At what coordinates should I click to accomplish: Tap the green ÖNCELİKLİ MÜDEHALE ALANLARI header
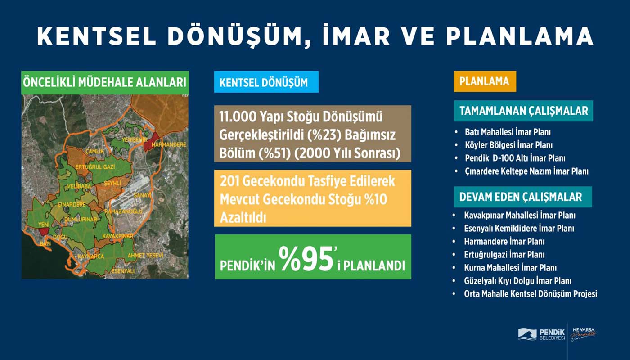105,83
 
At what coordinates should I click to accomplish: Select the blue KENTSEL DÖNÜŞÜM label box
266,82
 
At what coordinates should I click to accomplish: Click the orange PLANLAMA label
485,81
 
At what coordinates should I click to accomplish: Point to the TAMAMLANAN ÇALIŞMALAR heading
523,111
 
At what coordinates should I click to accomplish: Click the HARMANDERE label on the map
169,144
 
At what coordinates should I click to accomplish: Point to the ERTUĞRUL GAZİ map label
95,167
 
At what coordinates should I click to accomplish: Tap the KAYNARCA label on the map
90,256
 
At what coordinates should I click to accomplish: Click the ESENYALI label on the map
123,271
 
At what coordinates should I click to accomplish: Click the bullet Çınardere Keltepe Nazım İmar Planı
526,171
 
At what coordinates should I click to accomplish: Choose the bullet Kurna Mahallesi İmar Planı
510,268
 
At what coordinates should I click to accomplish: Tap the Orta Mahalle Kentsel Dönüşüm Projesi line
531,294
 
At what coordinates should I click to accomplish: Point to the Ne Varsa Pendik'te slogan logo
583,334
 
